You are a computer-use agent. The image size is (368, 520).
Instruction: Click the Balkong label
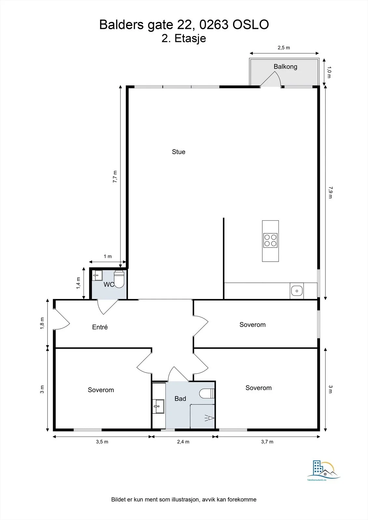pos(285,67)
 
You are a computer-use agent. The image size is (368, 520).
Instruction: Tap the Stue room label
pos(179,152)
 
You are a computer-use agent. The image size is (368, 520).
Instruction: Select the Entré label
pos(100,327)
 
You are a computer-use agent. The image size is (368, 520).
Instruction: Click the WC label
pos(109,284)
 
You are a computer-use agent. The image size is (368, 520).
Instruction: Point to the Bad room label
pos(180,398)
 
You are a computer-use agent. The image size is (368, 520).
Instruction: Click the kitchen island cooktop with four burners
pos(270,240)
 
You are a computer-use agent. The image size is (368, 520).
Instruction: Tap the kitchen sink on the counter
pos(297,291)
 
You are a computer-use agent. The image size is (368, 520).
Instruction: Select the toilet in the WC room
pos(119,279)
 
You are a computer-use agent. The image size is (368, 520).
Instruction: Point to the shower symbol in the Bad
pos(210,418)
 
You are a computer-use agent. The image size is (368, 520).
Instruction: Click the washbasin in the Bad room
pos(158,406)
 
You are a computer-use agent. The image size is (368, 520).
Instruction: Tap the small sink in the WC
pos(97,276)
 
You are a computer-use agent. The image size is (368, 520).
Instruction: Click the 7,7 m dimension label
pos(115,176)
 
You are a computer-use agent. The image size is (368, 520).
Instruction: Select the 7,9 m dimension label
pos(330,192)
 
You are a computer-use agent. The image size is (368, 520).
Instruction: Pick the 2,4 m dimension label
pos(183,442)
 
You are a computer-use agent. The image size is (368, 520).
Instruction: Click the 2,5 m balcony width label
pos(284,48)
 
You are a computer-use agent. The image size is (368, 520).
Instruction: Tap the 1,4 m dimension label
pos(78,283)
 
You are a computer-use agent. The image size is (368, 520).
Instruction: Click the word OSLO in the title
pos(251,25)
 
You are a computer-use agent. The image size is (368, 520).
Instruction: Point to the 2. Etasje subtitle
pos(184,38)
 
